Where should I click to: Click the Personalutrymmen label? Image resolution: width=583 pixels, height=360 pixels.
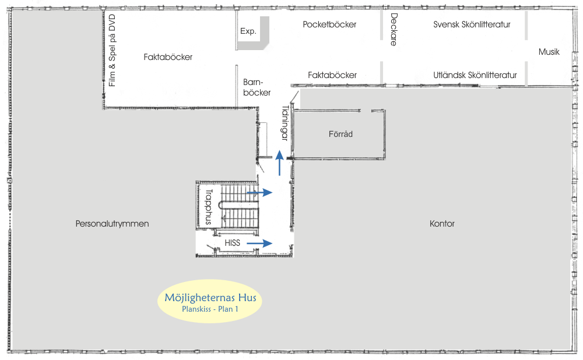[x=113, y=224]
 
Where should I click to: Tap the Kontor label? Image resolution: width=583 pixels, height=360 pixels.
[x=442, y=224]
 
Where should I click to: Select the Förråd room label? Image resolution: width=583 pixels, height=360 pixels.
[x=340, y=134]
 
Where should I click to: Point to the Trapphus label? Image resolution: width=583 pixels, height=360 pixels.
[x=207, y=206]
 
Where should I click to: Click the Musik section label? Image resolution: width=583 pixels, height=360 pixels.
[x=549, y=52]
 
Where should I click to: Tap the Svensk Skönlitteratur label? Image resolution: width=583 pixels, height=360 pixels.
[x=472, y=24]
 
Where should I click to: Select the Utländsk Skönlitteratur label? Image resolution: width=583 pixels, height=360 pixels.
[x=475, y=75]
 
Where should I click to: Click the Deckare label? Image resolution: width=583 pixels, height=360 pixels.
[x=394, y=30]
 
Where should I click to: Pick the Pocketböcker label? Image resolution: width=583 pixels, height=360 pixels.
[x=329, y=24]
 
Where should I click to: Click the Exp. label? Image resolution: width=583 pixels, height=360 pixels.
[x=248, y=31]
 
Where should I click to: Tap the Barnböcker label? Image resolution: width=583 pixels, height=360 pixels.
[x=257, y=87]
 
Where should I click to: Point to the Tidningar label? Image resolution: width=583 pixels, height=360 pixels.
[x=285, y=123]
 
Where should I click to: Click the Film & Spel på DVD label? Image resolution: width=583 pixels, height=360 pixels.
[x=113, y=50]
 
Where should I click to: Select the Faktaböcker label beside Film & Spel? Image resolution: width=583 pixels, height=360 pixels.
[x=168, y=57]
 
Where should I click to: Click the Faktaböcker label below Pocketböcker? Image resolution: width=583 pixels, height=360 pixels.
[x=332, y=75]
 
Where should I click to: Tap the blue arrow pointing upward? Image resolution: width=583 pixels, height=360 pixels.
[x=280, y=163]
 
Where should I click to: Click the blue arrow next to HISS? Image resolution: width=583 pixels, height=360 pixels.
[x=259, y=243]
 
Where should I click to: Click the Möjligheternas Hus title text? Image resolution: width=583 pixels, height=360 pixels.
[x=210, y=298]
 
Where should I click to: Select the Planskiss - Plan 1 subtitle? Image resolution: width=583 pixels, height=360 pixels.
[x=210, y=310]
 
